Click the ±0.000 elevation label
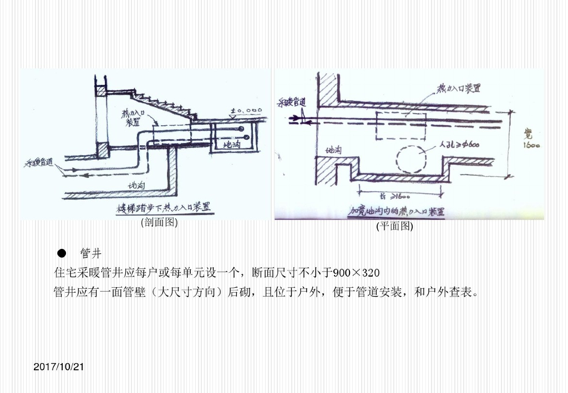coord(246,111)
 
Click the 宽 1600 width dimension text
coord(532,140)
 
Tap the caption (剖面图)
coord(159,223)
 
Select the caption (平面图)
coord(395,226)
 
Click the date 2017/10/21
coord(58,367)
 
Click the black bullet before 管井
coord(62,254)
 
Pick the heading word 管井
coord(90,254)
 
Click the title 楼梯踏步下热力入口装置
coord(166,208)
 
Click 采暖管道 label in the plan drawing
coord(292,103)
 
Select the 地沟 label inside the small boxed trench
coord(232,145)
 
